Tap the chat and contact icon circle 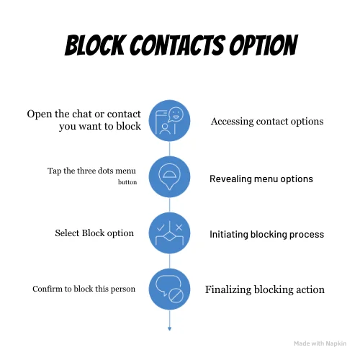(169, 120)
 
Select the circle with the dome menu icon (169, 176)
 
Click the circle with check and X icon (169, 233)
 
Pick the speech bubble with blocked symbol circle (169, 289)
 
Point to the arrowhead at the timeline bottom (169, 328)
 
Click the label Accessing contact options (266, 121)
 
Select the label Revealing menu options (261, 179)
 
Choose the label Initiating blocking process (266, 234)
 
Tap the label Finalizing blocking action (264, 290)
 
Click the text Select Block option (94, 233)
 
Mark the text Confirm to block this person (84, 289)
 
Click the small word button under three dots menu (127, 183)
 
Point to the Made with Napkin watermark (320, 344)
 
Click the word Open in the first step (41, 114)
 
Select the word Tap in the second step (55, 171)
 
